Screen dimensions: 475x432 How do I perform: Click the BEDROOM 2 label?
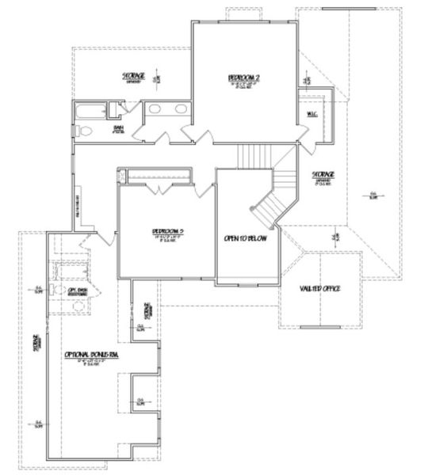click(244, 77)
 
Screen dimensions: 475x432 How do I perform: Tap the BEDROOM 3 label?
click(168, 232)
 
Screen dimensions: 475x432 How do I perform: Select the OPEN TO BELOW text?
click(248, 236)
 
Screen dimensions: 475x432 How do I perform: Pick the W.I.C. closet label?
click(312, 113)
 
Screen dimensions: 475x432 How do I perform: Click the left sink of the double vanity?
click(155, 108)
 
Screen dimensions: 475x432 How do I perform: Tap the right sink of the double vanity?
click(179, 108)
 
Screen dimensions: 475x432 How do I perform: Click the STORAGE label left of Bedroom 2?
click(133, 76)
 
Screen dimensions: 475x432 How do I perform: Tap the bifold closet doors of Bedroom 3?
click(163, 188)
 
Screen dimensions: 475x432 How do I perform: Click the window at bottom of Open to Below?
click(248, 283)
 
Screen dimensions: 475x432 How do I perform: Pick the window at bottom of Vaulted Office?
click(319, 326)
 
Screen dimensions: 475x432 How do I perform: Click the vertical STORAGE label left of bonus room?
click(36, 344)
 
